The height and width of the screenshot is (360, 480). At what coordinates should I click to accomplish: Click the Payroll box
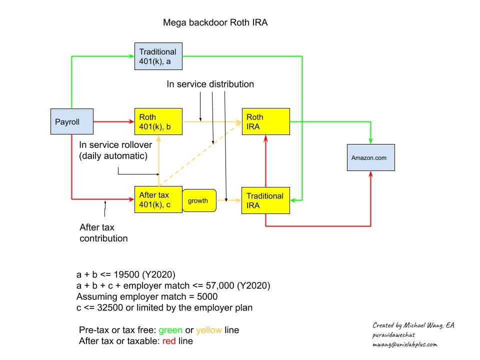pos(72,121)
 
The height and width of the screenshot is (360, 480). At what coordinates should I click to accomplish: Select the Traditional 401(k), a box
pos(158,56)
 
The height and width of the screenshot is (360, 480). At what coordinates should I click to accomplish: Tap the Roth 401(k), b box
pos(158,121)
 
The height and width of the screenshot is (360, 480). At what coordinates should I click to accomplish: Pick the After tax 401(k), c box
pos(158,199)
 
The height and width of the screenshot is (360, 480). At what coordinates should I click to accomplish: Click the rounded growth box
pos(199,200)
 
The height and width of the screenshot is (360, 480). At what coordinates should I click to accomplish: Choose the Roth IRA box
pos(265,121)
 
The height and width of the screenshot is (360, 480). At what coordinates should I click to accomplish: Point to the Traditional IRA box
pos(265,200)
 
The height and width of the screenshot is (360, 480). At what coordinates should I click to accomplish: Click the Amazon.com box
pos(370,157)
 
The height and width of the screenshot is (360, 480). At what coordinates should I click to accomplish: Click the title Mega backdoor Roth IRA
pos(215,22)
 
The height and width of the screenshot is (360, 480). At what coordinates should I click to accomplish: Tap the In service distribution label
pos(210,84)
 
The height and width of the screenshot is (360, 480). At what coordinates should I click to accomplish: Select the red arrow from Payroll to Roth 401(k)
pos(114,121)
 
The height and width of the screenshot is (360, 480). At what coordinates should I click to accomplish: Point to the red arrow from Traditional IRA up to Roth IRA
pos(265,161)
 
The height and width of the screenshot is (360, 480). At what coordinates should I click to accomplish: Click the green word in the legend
pos(170,330)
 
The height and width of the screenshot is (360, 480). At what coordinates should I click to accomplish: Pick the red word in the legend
pos(169,341)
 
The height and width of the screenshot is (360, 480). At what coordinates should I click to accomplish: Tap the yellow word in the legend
pos(209,330)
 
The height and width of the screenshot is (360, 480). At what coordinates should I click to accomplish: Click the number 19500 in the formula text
pos(126,274)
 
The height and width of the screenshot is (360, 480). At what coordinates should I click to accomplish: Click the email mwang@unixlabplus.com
pos(404,344)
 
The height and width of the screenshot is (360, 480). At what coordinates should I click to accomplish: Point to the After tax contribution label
pos(103,232)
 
